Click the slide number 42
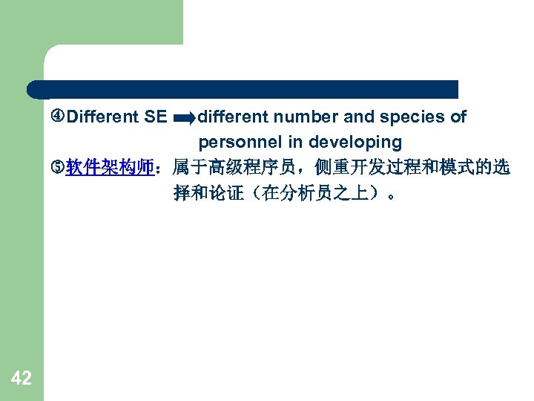pyautogui.click(x=22, y=379)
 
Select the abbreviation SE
pyautogui.click(x=156, y=117)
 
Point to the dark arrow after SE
pyautogui.click(x=183, y=118)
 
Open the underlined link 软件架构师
pyautogui.click(x=110, y=168)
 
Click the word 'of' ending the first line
pyautogui.click(x=458, y=117)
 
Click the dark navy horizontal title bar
pyautogui.click(x=245, y=89)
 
